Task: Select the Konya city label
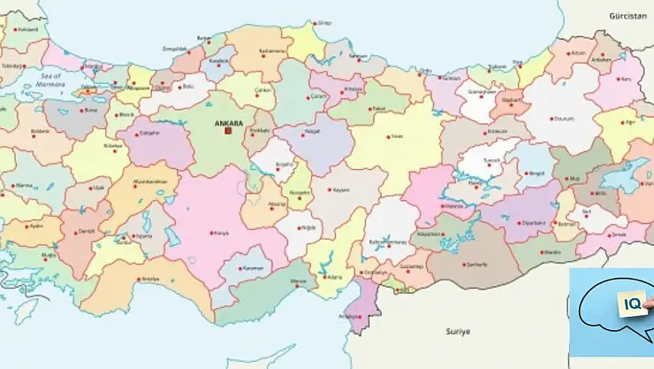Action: point(221,233)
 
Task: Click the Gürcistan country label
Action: point(627,16)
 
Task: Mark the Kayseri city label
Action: point(343,189)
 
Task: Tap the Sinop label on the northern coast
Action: point(324,23)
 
